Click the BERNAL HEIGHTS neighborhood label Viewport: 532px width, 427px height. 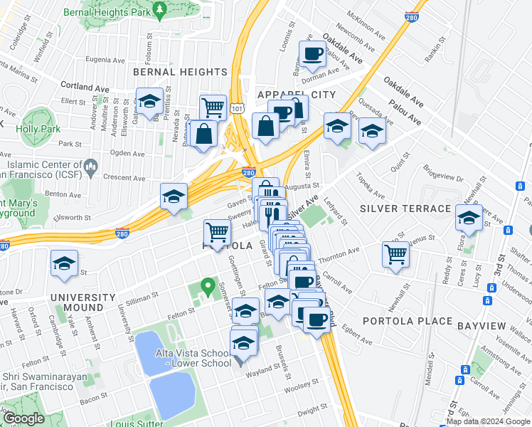[x=180, y=72]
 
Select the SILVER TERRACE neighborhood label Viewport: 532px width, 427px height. [x=405, y=209]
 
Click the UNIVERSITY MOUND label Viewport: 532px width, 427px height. [x=83, y=302]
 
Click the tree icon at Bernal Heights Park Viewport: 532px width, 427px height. [x=160, y=8]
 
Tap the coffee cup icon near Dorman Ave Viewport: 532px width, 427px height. [x=312, y=54]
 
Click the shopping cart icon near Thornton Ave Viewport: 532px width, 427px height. [x=395, y=253]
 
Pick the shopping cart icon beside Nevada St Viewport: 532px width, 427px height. [x=213, y=107]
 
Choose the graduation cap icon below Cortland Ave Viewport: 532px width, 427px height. [x=150, y=101]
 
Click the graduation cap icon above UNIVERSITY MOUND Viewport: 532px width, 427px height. [x=64, y=264]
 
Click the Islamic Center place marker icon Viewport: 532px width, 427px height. [x=90, y=168]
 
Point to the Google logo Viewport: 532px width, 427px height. [x=23, y=418]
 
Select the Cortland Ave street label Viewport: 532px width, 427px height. [x=85, y=87]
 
